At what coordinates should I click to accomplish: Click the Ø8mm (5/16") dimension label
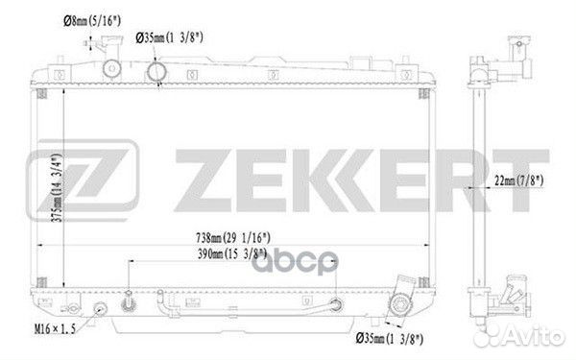tap(92, 20)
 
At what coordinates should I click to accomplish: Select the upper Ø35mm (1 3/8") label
tap(169, 37)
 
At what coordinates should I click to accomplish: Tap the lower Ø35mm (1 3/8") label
tap(390, 338)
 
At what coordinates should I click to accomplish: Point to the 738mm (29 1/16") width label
tap(233, 238)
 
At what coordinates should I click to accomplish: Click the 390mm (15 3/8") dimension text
tap(232, 253)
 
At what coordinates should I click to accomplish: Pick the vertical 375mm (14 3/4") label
tap(57, 188)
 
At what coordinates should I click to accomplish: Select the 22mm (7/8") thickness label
tap(518, 180)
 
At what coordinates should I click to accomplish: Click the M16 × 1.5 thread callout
tap(55, 328)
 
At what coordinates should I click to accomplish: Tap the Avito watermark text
tap(535, 335)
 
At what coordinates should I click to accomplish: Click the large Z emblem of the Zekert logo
tap(83, 180)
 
